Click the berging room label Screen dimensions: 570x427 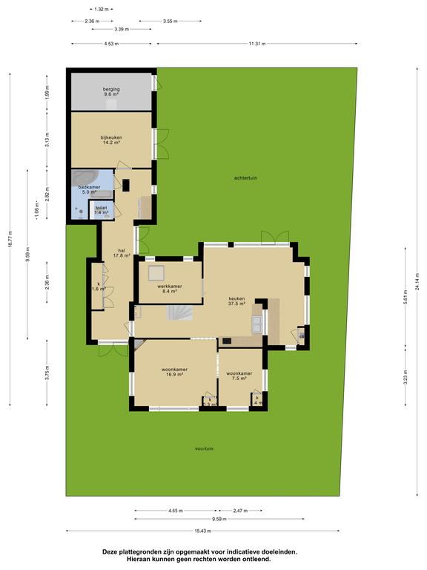(x=111, y=92)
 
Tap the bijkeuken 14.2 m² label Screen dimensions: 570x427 (x=111, y=140)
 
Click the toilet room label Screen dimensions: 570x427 (x=101, y=211)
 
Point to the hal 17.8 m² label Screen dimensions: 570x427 (x=122, y=253)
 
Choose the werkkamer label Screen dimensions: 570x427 (x=170, y=289)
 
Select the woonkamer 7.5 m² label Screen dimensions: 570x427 (x=239, y=376)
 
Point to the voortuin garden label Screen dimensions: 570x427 (x=204, y=449)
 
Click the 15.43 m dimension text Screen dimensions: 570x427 (x=202, y=530)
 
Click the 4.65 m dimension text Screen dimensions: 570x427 (x=176, y=511)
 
